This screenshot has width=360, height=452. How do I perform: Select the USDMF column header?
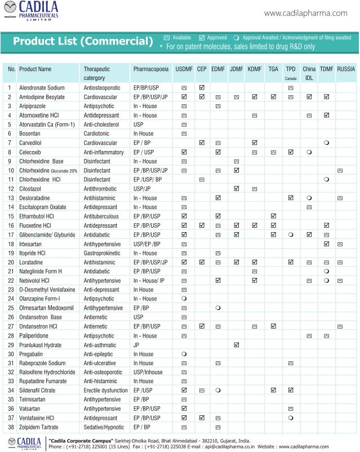pos(184,69)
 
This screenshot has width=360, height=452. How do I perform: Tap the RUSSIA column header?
pos(346,69)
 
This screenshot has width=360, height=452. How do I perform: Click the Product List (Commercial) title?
pos(83,41)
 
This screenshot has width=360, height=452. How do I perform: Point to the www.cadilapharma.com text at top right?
pos(305,13)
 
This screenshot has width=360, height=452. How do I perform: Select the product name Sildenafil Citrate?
pos(37,390)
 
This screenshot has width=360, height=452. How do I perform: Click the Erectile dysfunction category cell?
pos(105,390)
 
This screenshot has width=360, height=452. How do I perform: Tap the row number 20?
pos(11,263)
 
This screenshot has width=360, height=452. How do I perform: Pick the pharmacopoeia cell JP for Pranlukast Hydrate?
pos(136,344)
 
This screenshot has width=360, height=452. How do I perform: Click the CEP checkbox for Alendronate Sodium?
pos(202,88)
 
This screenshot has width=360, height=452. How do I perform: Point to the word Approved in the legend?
pos(217,37)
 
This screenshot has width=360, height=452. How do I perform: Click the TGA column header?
pos(273,69)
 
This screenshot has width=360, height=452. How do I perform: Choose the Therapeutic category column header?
pos(96,73)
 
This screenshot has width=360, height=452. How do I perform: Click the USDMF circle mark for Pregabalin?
pos(184,353)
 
